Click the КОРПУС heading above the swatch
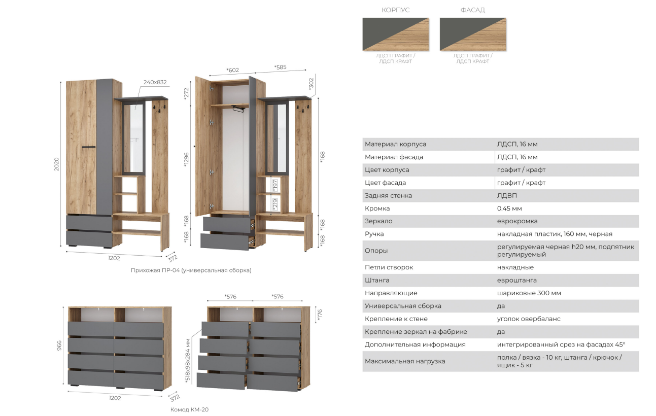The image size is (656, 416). click(395, 10)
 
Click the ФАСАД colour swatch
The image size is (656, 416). click(473, 34)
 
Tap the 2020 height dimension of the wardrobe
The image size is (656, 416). click(56, 164)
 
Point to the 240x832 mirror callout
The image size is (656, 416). click(155, 82)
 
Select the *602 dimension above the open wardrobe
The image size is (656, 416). click(232, 70)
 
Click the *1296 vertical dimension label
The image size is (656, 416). click(186, 160)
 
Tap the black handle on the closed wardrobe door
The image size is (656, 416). click(88, 147)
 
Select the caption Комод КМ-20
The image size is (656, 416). click(189, 409)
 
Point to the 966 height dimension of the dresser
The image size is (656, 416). click(59, 345)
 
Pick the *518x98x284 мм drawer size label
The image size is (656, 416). click(188, 361)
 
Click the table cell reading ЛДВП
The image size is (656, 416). click(507, 195)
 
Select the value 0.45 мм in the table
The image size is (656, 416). click(509, 209)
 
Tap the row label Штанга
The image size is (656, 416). click(377, 280)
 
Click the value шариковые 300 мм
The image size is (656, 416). click(529, 293)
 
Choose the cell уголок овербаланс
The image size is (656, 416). click(528, 319)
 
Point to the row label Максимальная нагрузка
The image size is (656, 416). click(405, 361)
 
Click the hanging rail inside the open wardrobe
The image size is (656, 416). click(238, 109)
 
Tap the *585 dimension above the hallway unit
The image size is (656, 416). click(280, 67)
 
